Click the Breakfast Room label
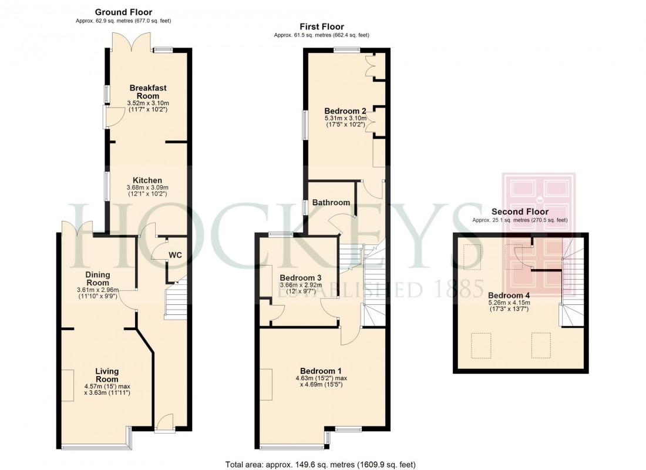point(147,92)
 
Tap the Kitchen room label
point(147,180)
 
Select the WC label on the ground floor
point(176,255)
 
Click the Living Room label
point(107,375)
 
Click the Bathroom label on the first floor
point(331,203)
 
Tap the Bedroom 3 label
point(300,278)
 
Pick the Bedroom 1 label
point(320,371)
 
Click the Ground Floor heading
point(123,12)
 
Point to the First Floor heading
point(321,26)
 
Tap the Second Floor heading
point(520,211)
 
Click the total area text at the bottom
point(320,464)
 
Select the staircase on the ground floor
point(176,300)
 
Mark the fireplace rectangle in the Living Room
point(68,385)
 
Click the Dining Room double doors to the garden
point(77,227)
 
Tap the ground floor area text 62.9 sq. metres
point(123,21)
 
